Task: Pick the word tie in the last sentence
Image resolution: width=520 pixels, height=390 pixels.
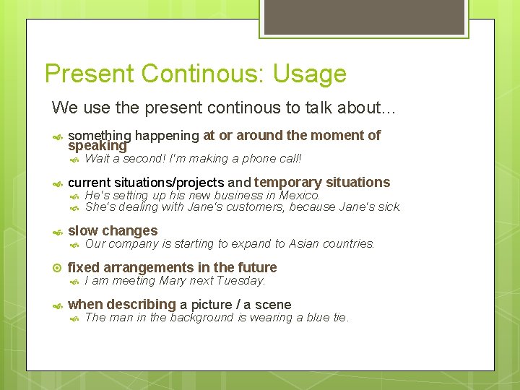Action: (x=339, y=317)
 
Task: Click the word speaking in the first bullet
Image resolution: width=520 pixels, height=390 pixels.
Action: (x=97, y=145)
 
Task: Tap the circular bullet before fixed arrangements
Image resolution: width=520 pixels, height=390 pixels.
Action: (x=58, y=268)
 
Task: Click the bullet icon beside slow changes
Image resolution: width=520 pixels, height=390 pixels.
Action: (x=58, y=232)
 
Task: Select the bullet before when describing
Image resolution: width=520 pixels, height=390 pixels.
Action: (x=58, y=305)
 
